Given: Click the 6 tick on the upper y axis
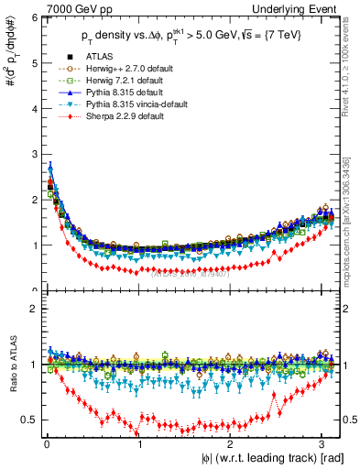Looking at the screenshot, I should click(x=34, y=18).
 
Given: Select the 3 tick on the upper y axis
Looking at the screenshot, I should click(x=34, y=155).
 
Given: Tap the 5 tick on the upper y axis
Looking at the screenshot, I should click(x=34, y=64).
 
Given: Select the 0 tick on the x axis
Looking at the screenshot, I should click(x=46, y=445).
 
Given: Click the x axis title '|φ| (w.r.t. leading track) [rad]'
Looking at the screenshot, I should click(x=274, y=458).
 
